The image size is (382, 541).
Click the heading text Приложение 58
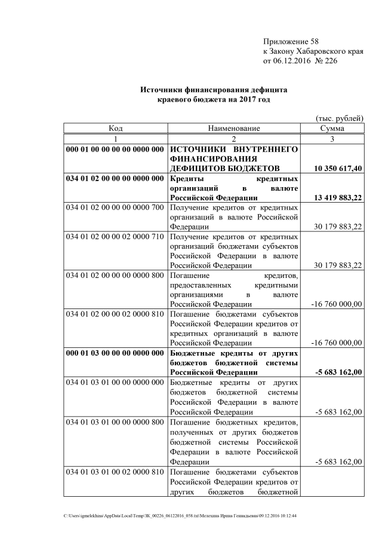tap(291, 41)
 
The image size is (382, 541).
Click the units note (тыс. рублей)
tap(339, 118)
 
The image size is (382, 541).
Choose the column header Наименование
tap(234, 128)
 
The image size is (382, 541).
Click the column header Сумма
tap(331, 128)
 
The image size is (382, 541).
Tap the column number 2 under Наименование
tap(234, 138)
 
